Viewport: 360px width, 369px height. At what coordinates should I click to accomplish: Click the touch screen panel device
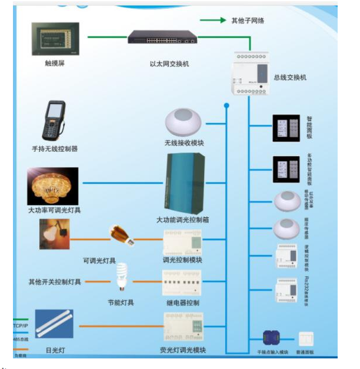point(55,39)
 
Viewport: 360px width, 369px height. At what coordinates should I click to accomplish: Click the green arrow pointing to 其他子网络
point(212,20)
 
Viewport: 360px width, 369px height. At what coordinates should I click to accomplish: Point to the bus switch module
point(251,73)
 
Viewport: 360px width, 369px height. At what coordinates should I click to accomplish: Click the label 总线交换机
point(290,77)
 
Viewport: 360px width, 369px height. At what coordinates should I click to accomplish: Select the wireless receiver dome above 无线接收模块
point(184,122)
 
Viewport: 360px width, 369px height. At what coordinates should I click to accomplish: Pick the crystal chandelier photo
point(53,185)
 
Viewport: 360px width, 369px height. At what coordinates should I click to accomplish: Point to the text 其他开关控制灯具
point(55,282)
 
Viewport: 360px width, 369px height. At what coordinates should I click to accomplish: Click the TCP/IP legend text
point(21,325)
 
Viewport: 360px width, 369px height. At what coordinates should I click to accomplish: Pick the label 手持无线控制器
point(55,149)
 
